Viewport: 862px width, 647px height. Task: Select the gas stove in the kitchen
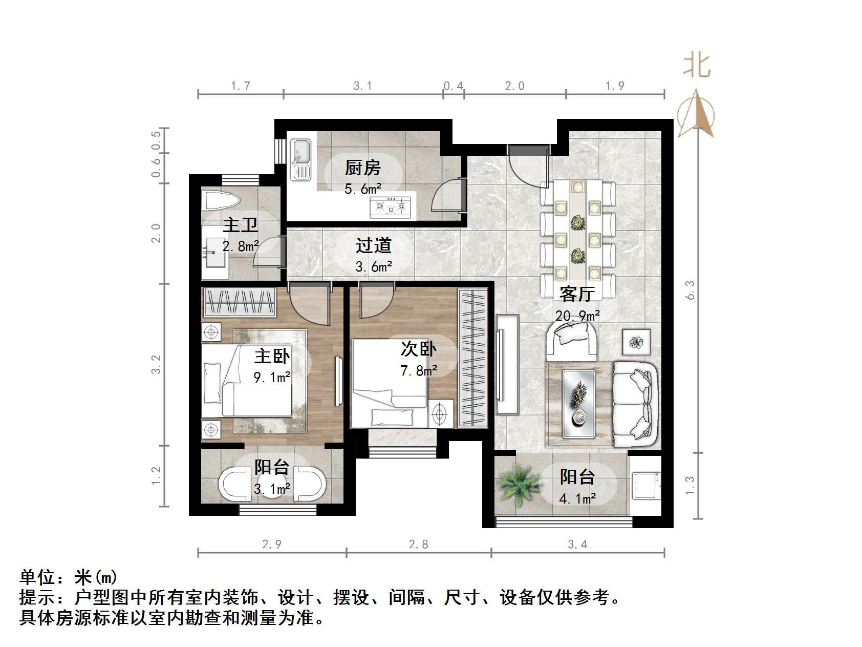(x=391, y=207)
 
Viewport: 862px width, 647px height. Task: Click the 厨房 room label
(x=362, y=168)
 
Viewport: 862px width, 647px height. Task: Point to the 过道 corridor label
(x=374, y=245)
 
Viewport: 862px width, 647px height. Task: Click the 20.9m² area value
(x=578, y=316)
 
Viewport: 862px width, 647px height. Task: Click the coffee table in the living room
(x=579, y=404)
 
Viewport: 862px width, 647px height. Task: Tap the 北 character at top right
(x=697, y=66)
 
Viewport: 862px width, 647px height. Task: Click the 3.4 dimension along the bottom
(x=577, y=544)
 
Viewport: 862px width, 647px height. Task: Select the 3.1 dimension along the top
(x=362, y=86)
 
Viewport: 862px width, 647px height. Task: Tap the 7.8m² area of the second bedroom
(x=419, y=370)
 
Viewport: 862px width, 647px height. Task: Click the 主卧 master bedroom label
(x=272, y=356)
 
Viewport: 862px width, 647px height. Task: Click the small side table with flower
(x=637, y=341)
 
